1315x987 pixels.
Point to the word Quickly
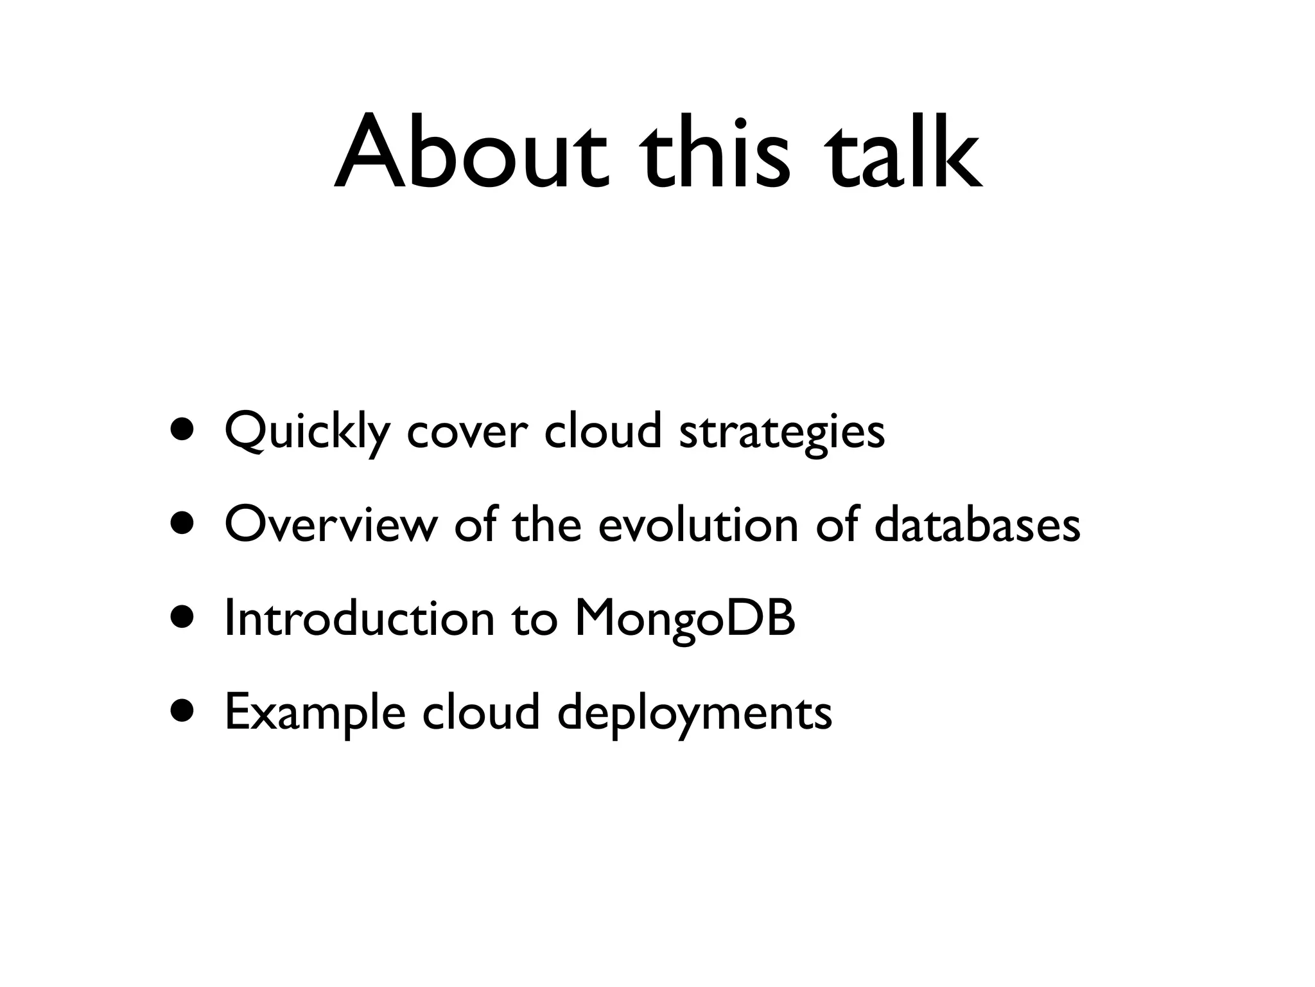pos(308,432)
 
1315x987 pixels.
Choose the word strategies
pos(781,432)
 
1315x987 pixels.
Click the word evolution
pos(698,524)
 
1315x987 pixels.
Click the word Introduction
pos(360,618)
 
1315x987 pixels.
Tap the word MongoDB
pos(684,618)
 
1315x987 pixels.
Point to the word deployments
pos(694,713)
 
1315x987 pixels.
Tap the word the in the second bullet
pos(547,524)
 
